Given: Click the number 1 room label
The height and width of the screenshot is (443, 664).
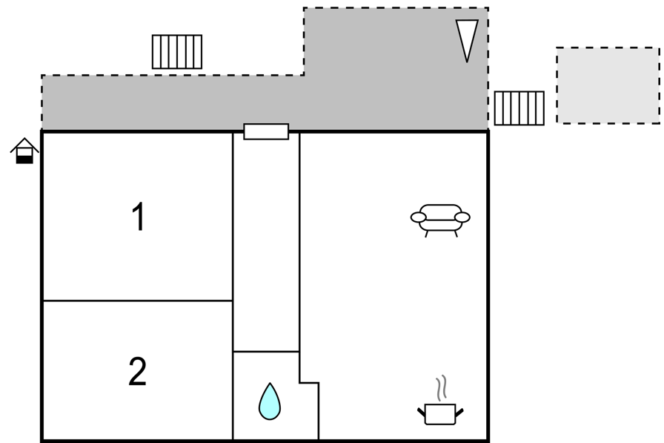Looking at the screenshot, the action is (139, 217).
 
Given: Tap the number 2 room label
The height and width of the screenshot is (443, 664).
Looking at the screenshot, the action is (137, 371).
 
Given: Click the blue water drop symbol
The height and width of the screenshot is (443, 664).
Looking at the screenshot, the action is (270, 401).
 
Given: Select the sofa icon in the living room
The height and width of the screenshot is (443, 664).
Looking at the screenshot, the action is (440, 220).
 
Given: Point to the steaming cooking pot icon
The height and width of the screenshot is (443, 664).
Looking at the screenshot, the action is (440, 400).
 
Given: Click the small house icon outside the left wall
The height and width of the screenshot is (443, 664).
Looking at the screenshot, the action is (24, 151).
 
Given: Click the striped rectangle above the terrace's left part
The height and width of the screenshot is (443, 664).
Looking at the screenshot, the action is (177, 52).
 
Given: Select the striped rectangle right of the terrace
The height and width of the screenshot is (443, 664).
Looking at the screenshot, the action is (519, 108).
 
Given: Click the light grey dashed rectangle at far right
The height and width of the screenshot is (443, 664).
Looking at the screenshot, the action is (608, 85).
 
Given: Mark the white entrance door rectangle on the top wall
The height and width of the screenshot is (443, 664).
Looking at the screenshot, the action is (266, 131).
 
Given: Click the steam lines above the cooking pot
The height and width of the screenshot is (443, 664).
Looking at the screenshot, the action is (441, 388).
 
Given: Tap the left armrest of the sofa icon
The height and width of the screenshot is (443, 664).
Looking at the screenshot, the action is (418, 217).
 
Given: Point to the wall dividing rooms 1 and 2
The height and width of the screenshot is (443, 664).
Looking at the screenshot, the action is (138, 301).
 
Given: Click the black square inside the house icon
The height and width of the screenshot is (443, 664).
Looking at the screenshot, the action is (24, 160).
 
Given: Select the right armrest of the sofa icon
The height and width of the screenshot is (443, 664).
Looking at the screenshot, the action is (462, 217).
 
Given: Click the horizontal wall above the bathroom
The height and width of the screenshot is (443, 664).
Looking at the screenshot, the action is (266, 352).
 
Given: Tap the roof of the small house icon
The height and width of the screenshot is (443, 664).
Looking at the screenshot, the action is (24, 144).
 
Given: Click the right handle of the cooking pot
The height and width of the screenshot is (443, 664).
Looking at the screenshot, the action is (459, 412).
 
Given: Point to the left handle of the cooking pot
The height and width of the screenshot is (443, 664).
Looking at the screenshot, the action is (422, 412).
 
